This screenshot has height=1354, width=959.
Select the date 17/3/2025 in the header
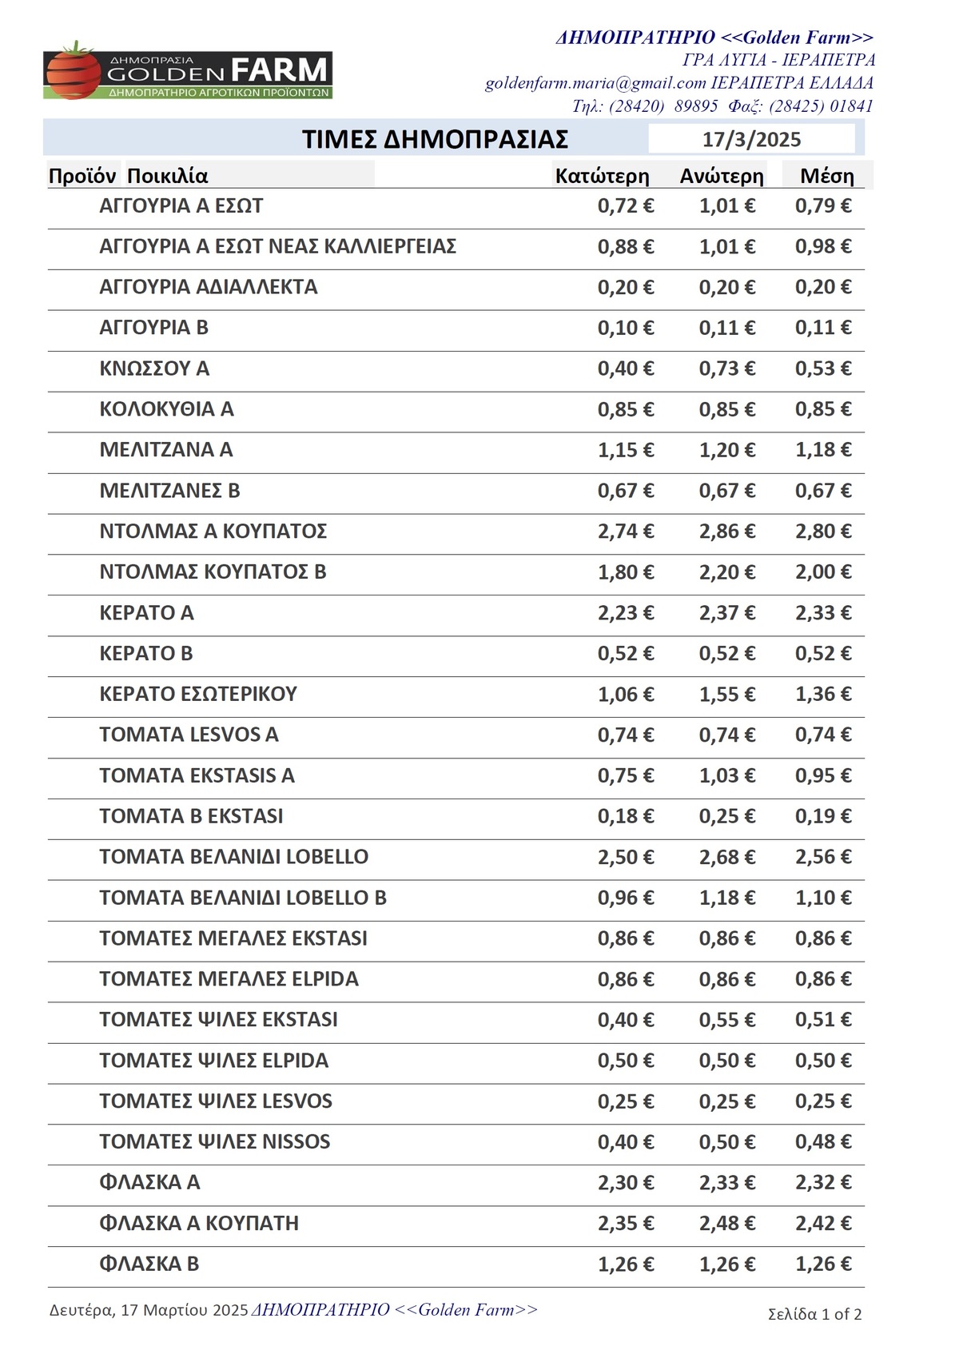pos(751,140)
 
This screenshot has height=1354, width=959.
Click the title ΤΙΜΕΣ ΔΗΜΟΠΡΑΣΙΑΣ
pos(435,139)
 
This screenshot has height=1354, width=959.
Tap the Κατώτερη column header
pos(602,176)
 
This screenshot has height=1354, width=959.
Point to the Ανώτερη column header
pos(722,176)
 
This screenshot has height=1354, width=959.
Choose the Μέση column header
pos(827,176)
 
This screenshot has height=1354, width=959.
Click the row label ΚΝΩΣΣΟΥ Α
pos(154,368)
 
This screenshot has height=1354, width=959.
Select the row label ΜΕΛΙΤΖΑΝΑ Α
pos(166,450)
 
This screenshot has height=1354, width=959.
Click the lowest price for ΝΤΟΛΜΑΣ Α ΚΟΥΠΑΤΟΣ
pos(626,532)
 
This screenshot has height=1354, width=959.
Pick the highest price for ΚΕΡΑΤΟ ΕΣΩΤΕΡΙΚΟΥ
pos(727,695)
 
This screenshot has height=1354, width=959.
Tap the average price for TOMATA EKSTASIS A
pos(823,776)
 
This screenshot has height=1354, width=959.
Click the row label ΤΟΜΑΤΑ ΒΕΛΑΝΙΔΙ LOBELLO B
pos(243,898)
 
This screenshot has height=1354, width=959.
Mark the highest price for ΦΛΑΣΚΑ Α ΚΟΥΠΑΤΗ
pos(727,1224)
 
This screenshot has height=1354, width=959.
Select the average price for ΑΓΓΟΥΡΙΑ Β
pos(823,328)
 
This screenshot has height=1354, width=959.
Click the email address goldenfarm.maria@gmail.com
pos(595,83)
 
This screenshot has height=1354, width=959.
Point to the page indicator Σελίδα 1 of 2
pos(814,1314)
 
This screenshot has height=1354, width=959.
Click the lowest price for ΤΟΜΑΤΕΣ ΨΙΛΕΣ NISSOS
pos(626,1142)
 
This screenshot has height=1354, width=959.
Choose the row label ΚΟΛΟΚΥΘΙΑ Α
pos(166,409)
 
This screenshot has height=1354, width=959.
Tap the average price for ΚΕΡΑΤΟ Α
pos(823,613)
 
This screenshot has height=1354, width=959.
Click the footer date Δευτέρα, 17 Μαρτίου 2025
pos(149,1310)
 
